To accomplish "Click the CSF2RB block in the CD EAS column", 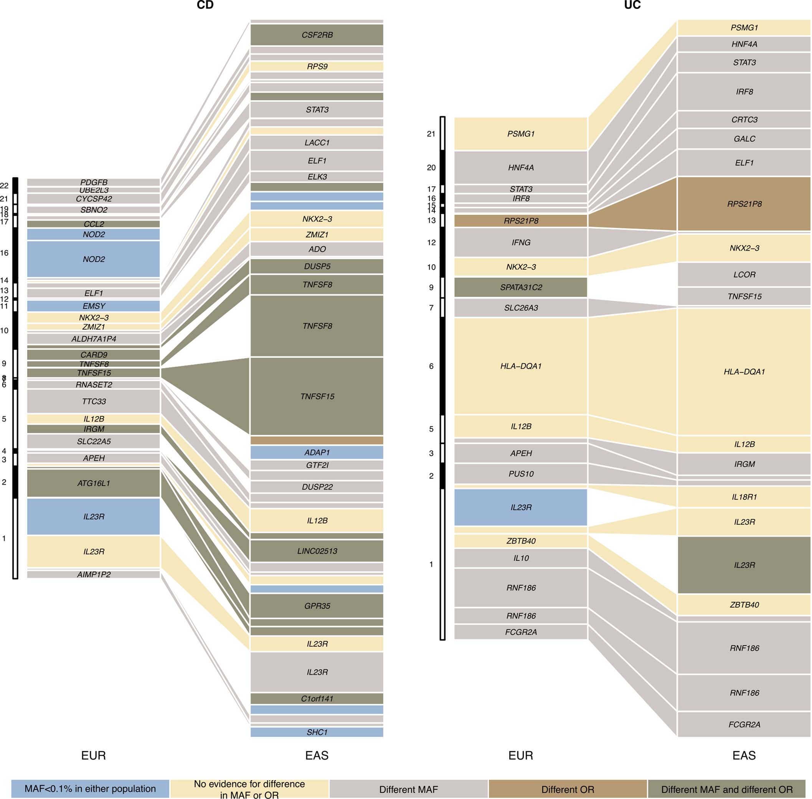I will point(317,35).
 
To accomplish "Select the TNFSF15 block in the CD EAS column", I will point(317,396).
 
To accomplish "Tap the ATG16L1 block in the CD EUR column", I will point(93,483).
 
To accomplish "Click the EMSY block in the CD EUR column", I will point(93,306).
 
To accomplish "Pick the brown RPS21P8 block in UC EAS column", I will point(744,204).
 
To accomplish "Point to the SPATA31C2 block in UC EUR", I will point(520,287).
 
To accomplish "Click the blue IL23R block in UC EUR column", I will point(520,507).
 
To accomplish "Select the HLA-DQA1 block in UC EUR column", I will point(520,366).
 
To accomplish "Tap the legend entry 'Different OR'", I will point(567,789).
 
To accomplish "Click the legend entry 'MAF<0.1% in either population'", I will point(90,789).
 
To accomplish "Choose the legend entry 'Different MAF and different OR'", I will point(726,789).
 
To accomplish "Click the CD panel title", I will point(205,5).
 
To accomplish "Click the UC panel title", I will point(632,5).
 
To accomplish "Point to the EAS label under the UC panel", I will point(744,756).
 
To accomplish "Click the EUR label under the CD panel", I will point(93,756).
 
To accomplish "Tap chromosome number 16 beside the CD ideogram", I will point(4,253).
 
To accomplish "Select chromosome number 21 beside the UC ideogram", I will point(431,134).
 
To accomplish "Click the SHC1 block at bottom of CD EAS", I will point(317,732).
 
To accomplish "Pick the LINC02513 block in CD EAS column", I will point(317,551).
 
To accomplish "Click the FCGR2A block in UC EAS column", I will point(744,724).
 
